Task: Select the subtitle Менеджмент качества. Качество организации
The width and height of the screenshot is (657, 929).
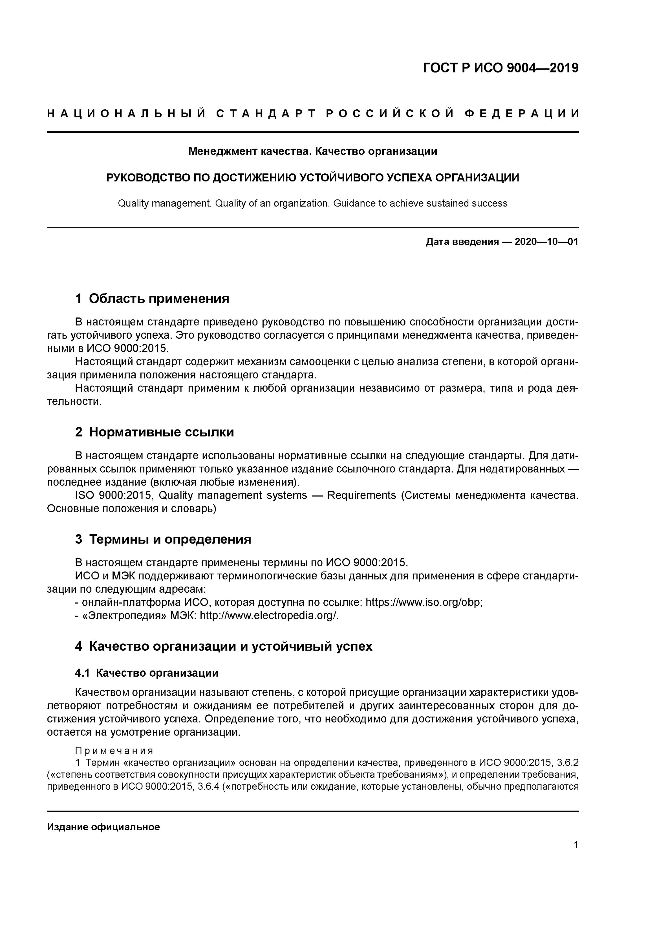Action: pos(313,151)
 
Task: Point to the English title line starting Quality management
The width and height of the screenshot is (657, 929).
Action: pos(313,203)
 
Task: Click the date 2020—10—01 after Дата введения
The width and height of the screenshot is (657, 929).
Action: pos(546,242)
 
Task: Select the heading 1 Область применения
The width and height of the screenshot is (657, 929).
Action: pos(152,299)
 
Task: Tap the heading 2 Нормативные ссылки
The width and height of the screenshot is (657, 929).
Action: pos(154,432)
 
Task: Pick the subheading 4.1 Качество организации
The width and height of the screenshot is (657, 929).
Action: pos(147,673)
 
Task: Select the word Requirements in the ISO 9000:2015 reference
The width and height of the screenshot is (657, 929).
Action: pos(361,495)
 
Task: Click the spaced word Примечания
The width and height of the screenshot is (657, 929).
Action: pos(114,751)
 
